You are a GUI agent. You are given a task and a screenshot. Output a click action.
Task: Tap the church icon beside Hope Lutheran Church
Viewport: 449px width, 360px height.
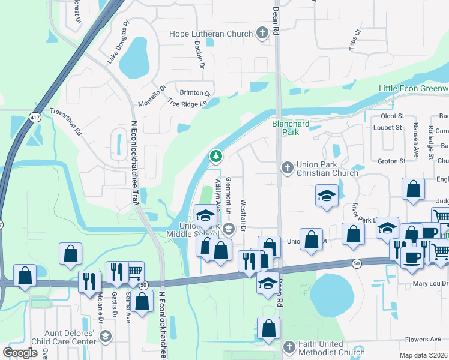(x=262, y=34)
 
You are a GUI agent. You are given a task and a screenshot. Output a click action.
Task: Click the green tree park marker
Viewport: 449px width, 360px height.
(x=215, y=157)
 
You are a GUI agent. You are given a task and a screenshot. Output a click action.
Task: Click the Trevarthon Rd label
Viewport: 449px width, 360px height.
(x=65, y=122)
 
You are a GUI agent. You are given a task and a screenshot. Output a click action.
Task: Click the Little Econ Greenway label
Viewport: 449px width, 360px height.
(x=414, y=89)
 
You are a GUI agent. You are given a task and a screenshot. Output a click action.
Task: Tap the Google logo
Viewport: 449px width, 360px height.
(x=20, y=353)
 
